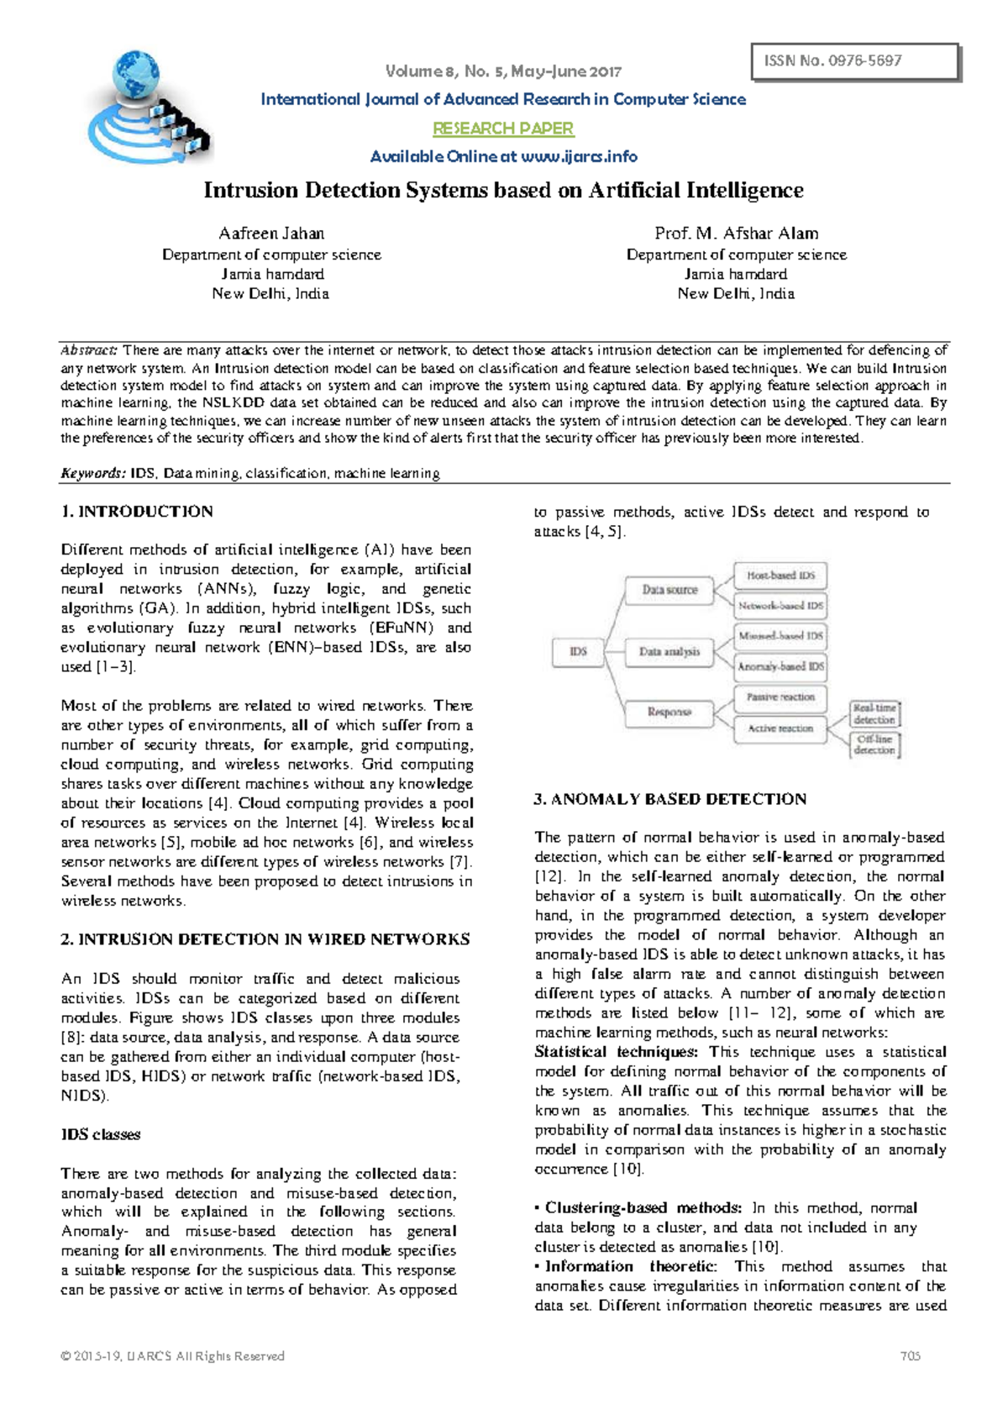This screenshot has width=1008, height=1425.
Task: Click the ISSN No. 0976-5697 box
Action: pyautogui.click(x=856, y=61)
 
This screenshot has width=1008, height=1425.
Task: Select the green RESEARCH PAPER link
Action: pyautogui.click(x=502, y=129)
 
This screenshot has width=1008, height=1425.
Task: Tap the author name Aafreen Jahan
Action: pyautogui.click(x=271, y=234)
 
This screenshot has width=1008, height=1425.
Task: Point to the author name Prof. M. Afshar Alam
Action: pyautogui.click(x=736, y=234)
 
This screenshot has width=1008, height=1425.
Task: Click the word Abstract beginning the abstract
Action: pyautogui.click(x=89, y=350)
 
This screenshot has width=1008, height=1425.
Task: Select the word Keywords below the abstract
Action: pyautogui.click(x=92, y=473)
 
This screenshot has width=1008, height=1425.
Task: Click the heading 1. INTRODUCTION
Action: pyautogui.click(x=137, y=512)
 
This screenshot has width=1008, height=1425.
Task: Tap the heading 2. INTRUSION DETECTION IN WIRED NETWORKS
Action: pyautogui.click(x=265, y=939)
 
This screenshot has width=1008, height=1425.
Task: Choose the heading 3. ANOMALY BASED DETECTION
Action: pyautogui.click(x=669, y=799)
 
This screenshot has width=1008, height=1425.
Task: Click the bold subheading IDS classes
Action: pyautogui.click(x=100, y=1134)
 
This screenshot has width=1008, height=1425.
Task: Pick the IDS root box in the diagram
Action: pyautogui.click(x=578, y=652)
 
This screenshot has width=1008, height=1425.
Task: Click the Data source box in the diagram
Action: pyautogui.click(x=669, y=590)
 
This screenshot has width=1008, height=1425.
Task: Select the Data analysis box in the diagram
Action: pyautogui.click(x=669, y=652)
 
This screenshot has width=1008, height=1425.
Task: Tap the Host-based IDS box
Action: pyautogui.click(x=780, y=576)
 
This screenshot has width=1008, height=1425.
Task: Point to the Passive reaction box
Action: pyautogui.click(x=780, y=697)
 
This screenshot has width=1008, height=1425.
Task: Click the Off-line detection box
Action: pyautogui.click(x=874, y=745)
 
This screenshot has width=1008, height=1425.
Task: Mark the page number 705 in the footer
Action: pyautogui.click(x=910, y=1355)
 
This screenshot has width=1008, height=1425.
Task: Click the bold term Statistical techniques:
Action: pyautogui.click(x=616, y=1052)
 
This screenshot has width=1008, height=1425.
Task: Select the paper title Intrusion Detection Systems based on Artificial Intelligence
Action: pyautogui.click(x=503, y=191)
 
